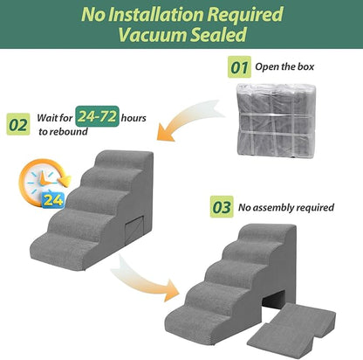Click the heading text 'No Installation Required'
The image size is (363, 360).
[x=181, y=17]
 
